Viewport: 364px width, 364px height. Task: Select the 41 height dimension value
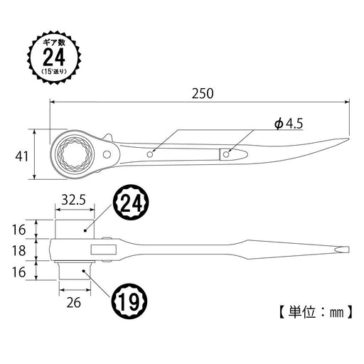pos(22,156)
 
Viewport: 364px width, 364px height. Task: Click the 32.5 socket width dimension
pos(75,201)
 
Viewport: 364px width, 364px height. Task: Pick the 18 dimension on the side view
pos(19,251)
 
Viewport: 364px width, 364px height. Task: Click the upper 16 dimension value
pos(19,229)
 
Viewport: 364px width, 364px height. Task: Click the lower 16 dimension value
pos(19,272)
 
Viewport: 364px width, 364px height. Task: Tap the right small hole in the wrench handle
pos(227,153)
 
